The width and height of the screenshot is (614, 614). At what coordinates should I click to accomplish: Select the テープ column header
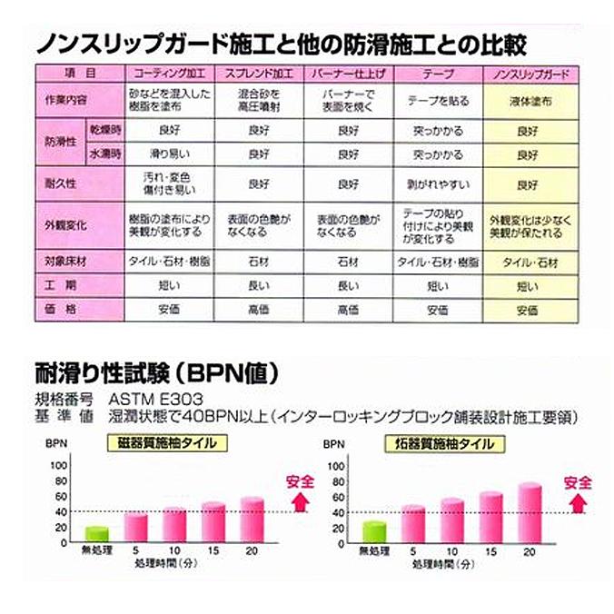point(434,71)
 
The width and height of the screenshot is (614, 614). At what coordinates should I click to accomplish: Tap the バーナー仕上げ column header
point(347,71)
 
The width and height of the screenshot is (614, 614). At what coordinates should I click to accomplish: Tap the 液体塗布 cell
point(527,103)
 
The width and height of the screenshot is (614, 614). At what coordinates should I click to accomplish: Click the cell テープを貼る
point(434,103)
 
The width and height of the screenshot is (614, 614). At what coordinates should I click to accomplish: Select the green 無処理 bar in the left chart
point(96,533)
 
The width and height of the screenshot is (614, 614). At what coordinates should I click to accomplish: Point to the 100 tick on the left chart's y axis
point(60,464)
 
